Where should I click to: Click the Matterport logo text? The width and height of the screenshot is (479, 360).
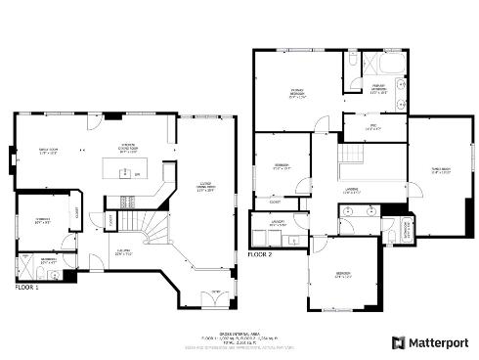click(x=440, y=342)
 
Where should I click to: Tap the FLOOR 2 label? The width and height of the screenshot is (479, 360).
click(x=261, y=254)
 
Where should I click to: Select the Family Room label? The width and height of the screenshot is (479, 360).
click(x=48, y=152)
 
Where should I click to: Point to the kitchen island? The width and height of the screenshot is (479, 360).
click(x=125, y=174)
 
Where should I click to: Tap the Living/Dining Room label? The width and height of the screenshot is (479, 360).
click(x=206, y=188)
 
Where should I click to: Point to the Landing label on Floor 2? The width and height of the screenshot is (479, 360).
click(x=353, y=191)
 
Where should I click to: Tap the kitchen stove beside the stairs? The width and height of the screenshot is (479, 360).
click(x=126, y=202)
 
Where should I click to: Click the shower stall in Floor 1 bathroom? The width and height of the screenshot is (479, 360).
click(x=26, y=266)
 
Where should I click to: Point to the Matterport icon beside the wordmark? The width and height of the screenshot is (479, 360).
click(x=398, y=342)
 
